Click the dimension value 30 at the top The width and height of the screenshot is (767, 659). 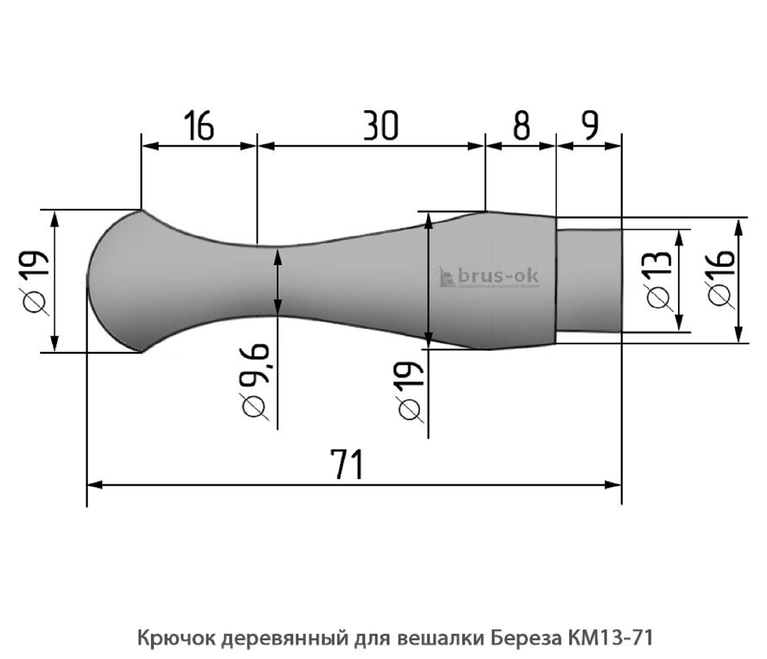pos(381,126)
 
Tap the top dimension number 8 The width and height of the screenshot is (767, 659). pos(521,126)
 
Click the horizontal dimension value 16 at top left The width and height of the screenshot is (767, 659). pos(199,126)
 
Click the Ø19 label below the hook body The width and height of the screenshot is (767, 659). pos(411,391)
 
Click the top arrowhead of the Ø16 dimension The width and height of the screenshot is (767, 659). pos(739,225)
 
